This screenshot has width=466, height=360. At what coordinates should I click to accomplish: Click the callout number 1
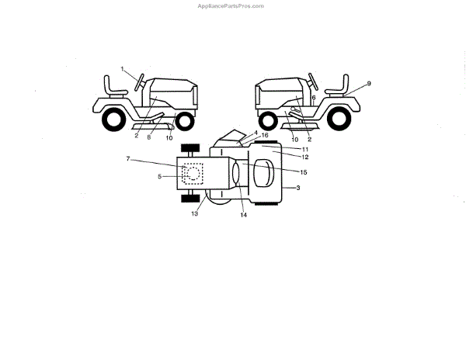click(x=123, y=69)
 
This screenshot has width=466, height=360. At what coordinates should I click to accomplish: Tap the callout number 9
click(x=369, y=83)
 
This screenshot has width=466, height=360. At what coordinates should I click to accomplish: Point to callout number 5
click(x=160, y=176)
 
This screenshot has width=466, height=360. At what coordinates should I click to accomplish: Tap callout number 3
click(x=298, y=188)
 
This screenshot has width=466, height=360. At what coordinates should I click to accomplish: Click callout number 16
click(x=265, y=135)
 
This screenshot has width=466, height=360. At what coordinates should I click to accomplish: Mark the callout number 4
click(x=255, y=133)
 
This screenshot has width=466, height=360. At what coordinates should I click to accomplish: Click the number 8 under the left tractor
click(x=149, y=137)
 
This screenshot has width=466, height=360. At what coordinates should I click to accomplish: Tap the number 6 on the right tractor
click(x=313, y=99)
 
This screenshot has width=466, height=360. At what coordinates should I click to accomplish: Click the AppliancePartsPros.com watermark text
click(x=231, y=5)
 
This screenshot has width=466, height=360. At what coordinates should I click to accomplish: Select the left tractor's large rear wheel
click(x=113, y=118)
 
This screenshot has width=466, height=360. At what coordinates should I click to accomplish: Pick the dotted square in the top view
click(x=191, y=175)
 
